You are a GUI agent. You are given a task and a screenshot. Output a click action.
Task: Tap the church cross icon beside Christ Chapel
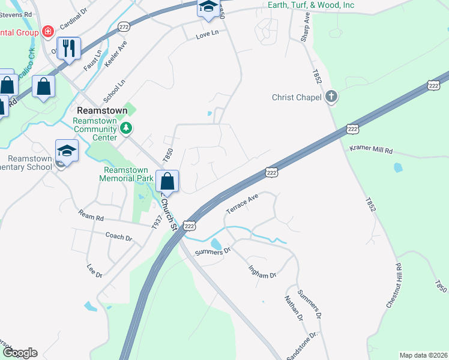pos(331,96)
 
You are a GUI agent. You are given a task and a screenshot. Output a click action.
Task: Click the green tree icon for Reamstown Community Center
pos(126,128)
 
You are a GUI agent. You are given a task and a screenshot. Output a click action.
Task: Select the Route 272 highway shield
pos(124,27)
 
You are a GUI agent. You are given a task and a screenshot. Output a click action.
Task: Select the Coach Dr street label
pos(118,237)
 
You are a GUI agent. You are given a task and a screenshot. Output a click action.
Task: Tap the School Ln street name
pos(114,91)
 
